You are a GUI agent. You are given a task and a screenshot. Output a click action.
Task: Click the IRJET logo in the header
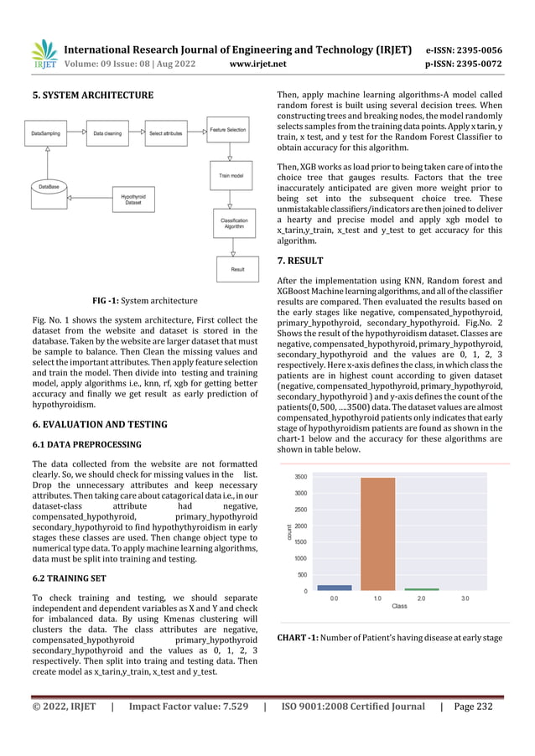tap(44, 52)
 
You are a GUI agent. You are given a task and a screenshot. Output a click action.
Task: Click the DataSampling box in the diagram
tap(48, 133)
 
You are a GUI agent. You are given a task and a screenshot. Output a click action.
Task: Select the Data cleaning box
tap(107, 133)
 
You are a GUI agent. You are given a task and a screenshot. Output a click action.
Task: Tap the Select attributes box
tap(166, 133)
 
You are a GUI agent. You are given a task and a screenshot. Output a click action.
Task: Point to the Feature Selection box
tap(228, 131)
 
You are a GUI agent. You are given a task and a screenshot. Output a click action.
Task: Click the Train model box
tap(231, 177)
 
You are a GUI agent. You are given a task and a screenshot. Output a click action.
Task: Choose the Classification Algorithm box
tap(233, 223)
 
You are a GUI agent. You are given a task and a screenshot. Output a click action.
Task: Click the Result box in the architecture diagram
tap(237, 269)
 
